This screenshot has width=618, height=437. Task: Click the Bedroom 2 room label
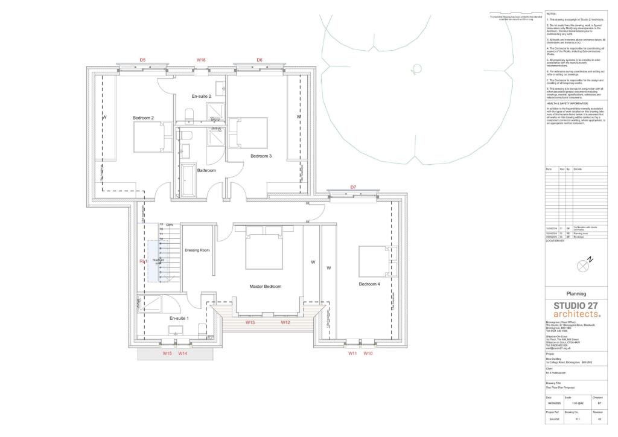(x=144, y=118)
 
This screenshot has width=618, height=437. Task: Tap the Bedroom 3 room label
(x=261, y=156)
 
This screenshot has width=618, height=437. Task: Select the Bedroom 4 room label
(x=369, y=284)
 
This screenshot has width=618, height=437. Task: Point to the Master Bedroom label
(x=266, y=286)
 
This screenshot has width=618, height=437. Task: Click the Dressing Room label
(x=197, y=250)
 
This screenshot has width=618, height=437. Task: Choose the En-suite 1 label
(x=179, y=318)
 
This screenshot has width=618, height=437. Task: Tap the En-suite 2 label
(x=202, y=97)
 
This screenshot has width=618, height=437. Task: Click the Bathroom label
(x=206, y=170)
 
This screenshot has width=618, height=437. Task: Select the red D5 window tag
(x=142, y=60)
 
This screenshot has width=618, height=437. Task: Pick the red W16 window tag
(x=201, y=60)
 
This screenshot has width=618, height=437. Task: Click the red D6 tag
(x=260, y=60)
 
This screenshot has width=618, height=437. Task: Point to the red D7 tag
(x=353, y=187)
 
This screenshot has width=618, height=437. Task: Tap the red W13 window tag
(x=250, y=322)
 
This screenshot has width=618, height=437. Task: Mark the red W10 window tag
(x=368, y=353)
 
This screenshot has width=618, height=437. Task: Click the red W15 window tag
(x=167, y=353)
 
